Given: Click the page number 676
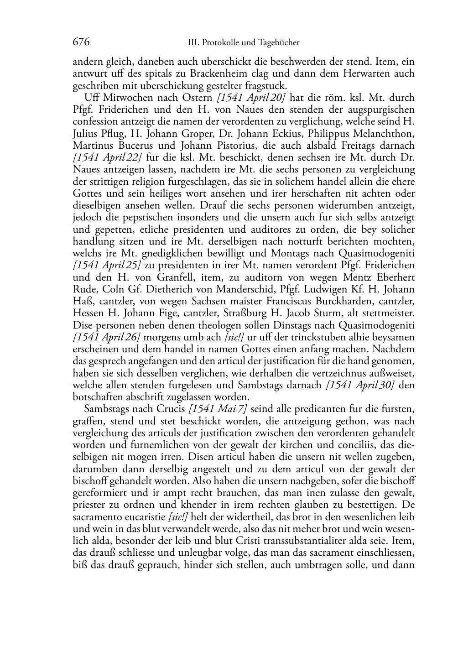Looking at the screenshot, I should coord(81,42).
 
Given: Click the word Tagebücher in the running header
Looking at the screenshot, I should coord(279,43).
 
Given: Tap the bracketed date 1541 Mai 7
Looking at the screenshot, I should coord(218,409).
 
